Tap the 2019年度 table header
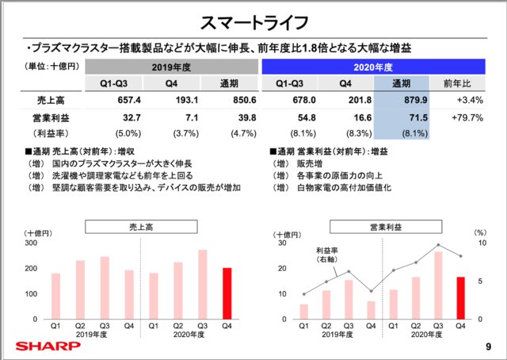(172, 67)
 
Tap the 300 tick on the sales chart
(32, 243)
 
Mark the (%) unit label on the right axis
(479, 233)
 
